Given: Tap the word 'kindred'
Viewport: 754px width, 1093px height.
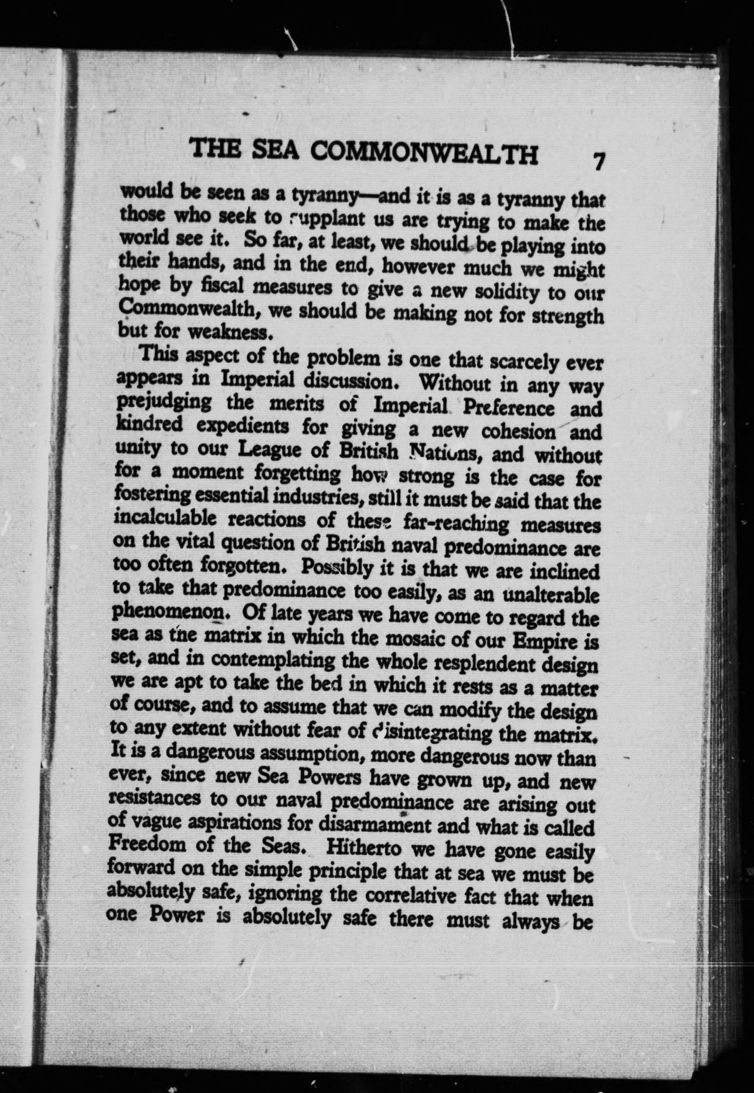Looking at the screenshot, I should coord(149,424).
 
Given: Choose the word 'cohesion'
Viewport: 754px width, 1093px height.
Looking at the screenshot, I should coord(518,431).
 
